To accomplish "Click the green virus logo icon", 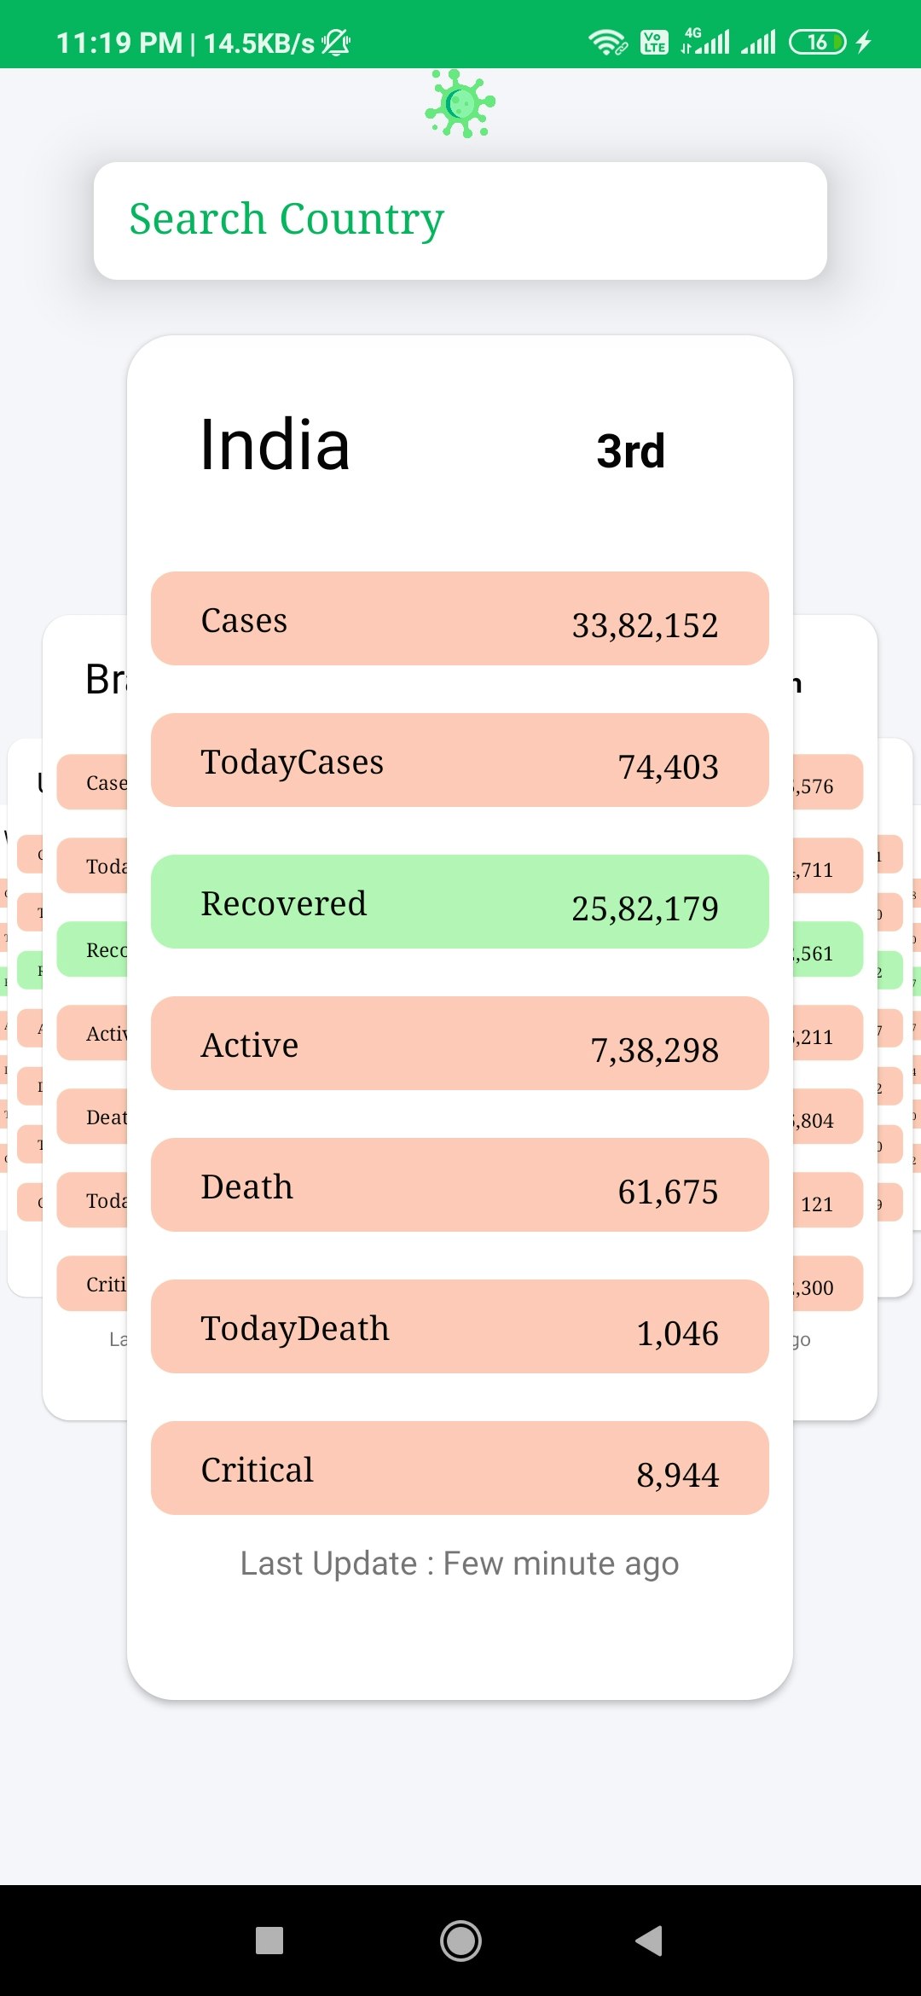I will pos(460,104).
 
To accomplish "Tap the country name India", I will pos(275,445).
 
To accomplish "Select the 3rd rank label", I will pos(630,450).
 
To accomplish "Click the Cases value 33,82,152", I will pos(645,625).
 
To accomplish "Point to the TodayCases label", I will pos(292,763).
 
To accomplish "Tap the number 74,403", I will pos(668,767).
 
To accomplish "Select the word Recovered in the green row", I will pos(283,904).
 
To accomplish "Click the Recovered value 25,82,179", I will pos(645,908).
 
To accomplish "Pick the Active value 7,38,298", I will pos(654,1050).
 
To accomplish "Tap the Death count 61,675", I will pos(668,1192).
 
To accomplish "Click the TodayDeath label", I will pos(295,1329).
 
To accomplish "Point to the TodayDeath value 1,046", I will pos(677,1333).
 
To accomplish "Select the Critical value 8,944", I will pos(677,1475).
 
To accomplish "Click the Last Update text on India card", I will pos(459,1564).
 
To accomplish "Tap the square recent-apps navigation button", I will pos(269,1941).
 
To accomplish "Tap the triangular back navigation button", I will pos(650,1941).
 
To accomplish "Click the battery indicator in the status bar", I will pos(818,42).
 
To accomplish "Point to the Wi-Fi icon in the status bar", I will pos(607,42).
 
